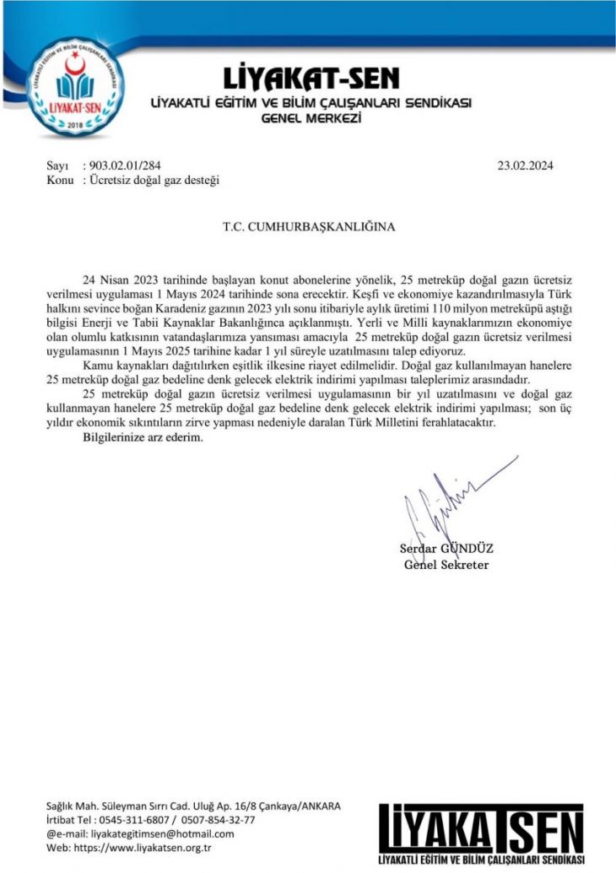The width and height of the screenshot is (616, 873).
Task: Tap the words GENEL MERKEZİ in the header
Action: click(311, 119)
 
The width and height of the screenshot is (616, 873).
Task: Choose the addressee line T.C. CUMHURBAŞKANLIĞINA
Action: click(308, 226)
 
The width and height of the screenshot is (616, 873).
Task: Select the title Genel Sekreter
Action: click(446, 564)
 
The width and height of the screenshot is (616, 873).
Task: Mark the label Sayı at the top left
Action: click(57, 165)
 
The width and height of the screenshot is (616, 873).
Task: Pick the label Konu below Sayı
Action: click(59, 181)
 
